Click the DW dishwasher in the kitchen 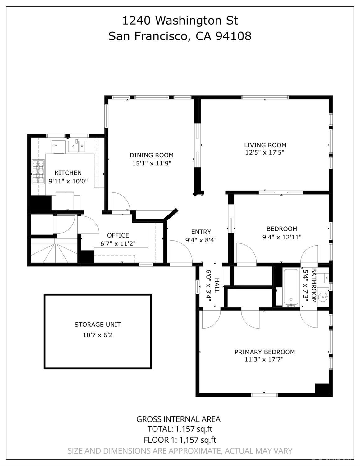(58, 147)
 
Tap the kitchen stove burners (38, 172)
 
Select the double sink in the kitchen (76, 146)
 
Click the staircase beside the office (54, 251)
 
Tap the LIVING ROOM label (265, 145)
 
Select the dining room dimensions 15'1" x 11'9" (152, 164)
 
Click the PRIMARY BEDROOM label (265, 352)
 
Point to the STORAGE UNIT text (98, 325)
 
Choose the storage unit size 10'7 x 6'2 (98, 335)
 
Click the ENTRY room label (201, 232)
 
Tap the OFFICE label (118, 235)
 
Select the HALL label (217, 286)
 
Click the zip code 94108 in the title (233, 36)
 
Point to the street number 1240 (136, 21)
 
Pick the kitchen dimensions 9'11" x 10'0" (68, 182)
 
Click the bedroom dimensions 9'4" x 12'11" (282, 237)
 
